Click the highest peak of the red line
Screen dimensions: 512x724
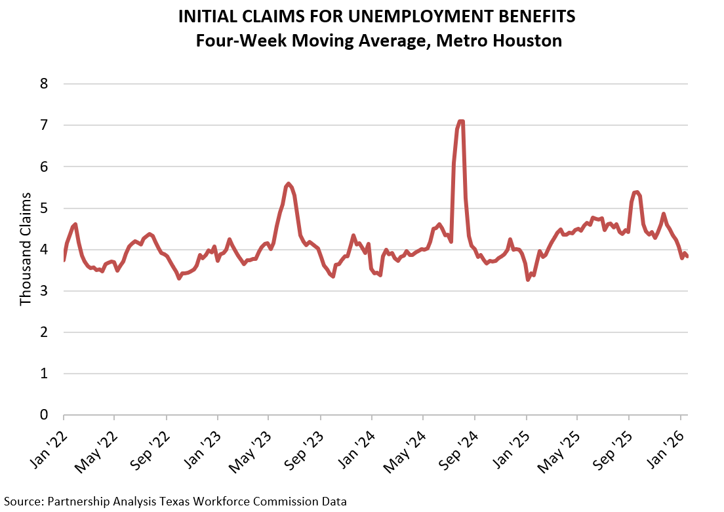[x=461, y=121]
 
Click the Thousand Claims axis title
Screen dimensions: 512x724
[x=26, y=249]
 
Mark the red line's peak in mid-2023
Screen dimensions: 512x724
[x=289, y=184]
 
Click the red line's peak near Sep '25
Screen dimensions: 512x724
[x=636, y=192]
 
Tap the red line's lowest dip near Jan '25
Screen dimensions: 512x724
[x=528, y=279]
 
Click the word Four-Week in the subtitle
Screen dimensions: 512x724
[x=231, y=41]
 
